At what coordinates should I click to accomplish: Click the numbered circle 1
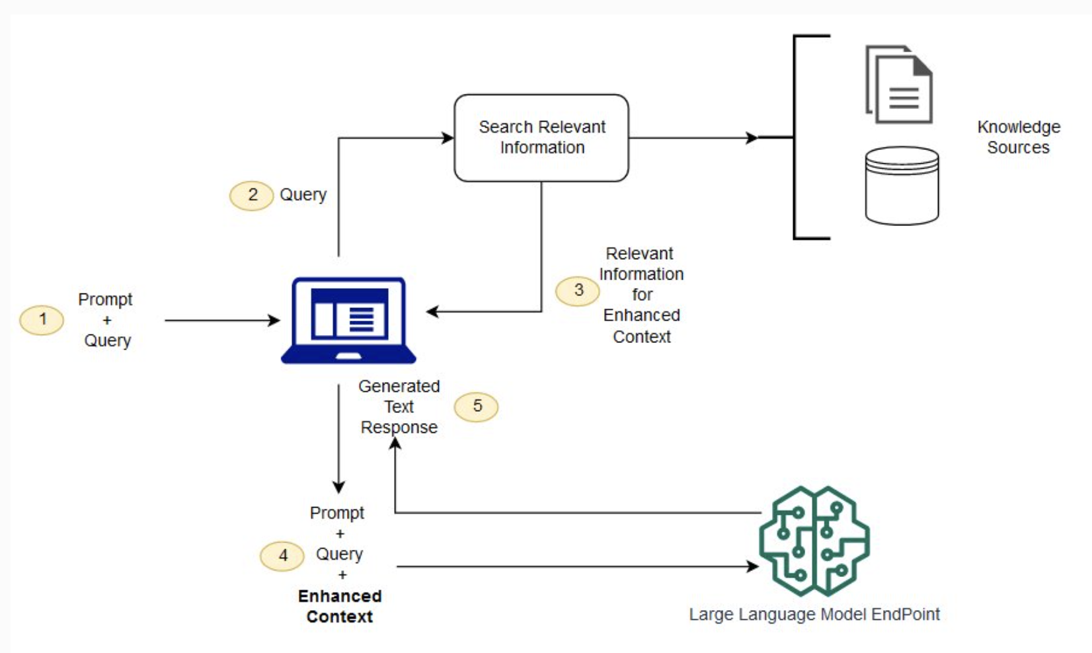[x=42, y=320]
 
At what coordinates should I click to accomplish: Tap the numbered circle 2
[x=252, y=196]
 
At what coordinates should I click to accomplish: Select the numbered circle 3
[x=578, y=291]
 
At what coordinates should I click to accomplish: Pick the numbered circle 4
[x=282, y=556]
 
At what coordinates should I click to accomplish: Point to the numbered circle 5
[x=477, y=407]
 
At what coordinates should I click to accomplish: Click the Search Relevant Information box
[x=541, y=138]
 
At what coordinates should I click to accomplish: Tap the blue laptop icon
[x=348, y=320]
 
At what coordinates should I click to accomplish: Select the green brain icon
[x=814, y=541]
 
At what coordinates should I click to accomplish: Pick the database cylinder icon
[x=902, y=186]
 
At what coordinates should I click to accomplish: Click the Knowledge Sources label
[x=1019, y=137]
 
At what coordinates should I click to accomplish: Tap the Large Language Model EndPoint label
[x=814, y=614]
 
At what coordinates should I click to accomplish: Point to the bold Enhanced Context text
[x=340, y=606]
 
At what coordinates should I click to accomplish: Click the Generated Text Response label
[x=399, y=406]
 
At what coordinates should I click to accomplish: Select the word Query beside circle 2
[x=303, y=195]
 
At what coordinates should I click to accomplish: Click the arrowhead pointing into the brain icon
[x=753, y=566]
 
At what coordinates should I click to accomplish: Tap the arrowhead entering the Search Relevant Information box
[x=448, y=138]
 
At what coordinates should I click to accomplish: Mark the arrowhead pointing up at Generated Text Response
[x=395, y=443]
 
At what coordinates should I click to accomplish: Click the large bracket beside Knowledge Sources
[x=794, y=137]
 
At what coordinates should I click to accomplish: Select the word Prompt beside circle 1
[x=105, y=299]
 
